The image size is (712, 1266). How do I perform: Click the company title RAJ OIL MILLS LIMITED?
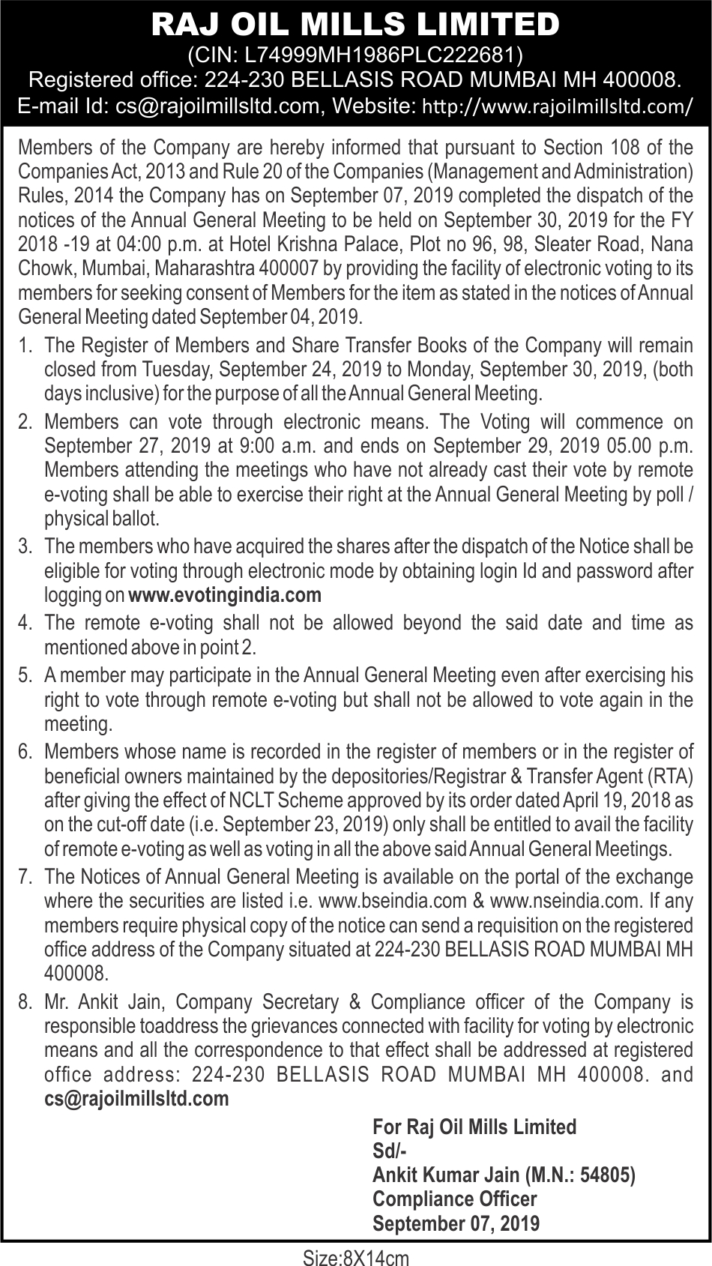(x=355, y=25)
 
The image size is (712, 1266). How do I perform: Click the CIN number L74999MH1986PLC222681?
(x=377, y=55)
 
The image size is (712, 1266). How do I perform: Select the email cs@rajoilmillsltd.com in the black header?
(x=217, y=106)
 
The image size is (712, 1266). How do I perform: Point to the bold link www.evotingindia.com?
(x=225, y=596)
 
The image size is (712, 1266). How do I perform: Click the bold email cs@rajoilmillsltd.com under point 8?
(x=136, y=1099)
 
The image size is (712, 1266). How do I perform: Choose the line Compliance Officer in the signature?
(x=455, y=1199)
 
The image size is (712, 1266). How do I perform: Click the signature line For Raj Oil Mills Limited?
(x=474, y=1127)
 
